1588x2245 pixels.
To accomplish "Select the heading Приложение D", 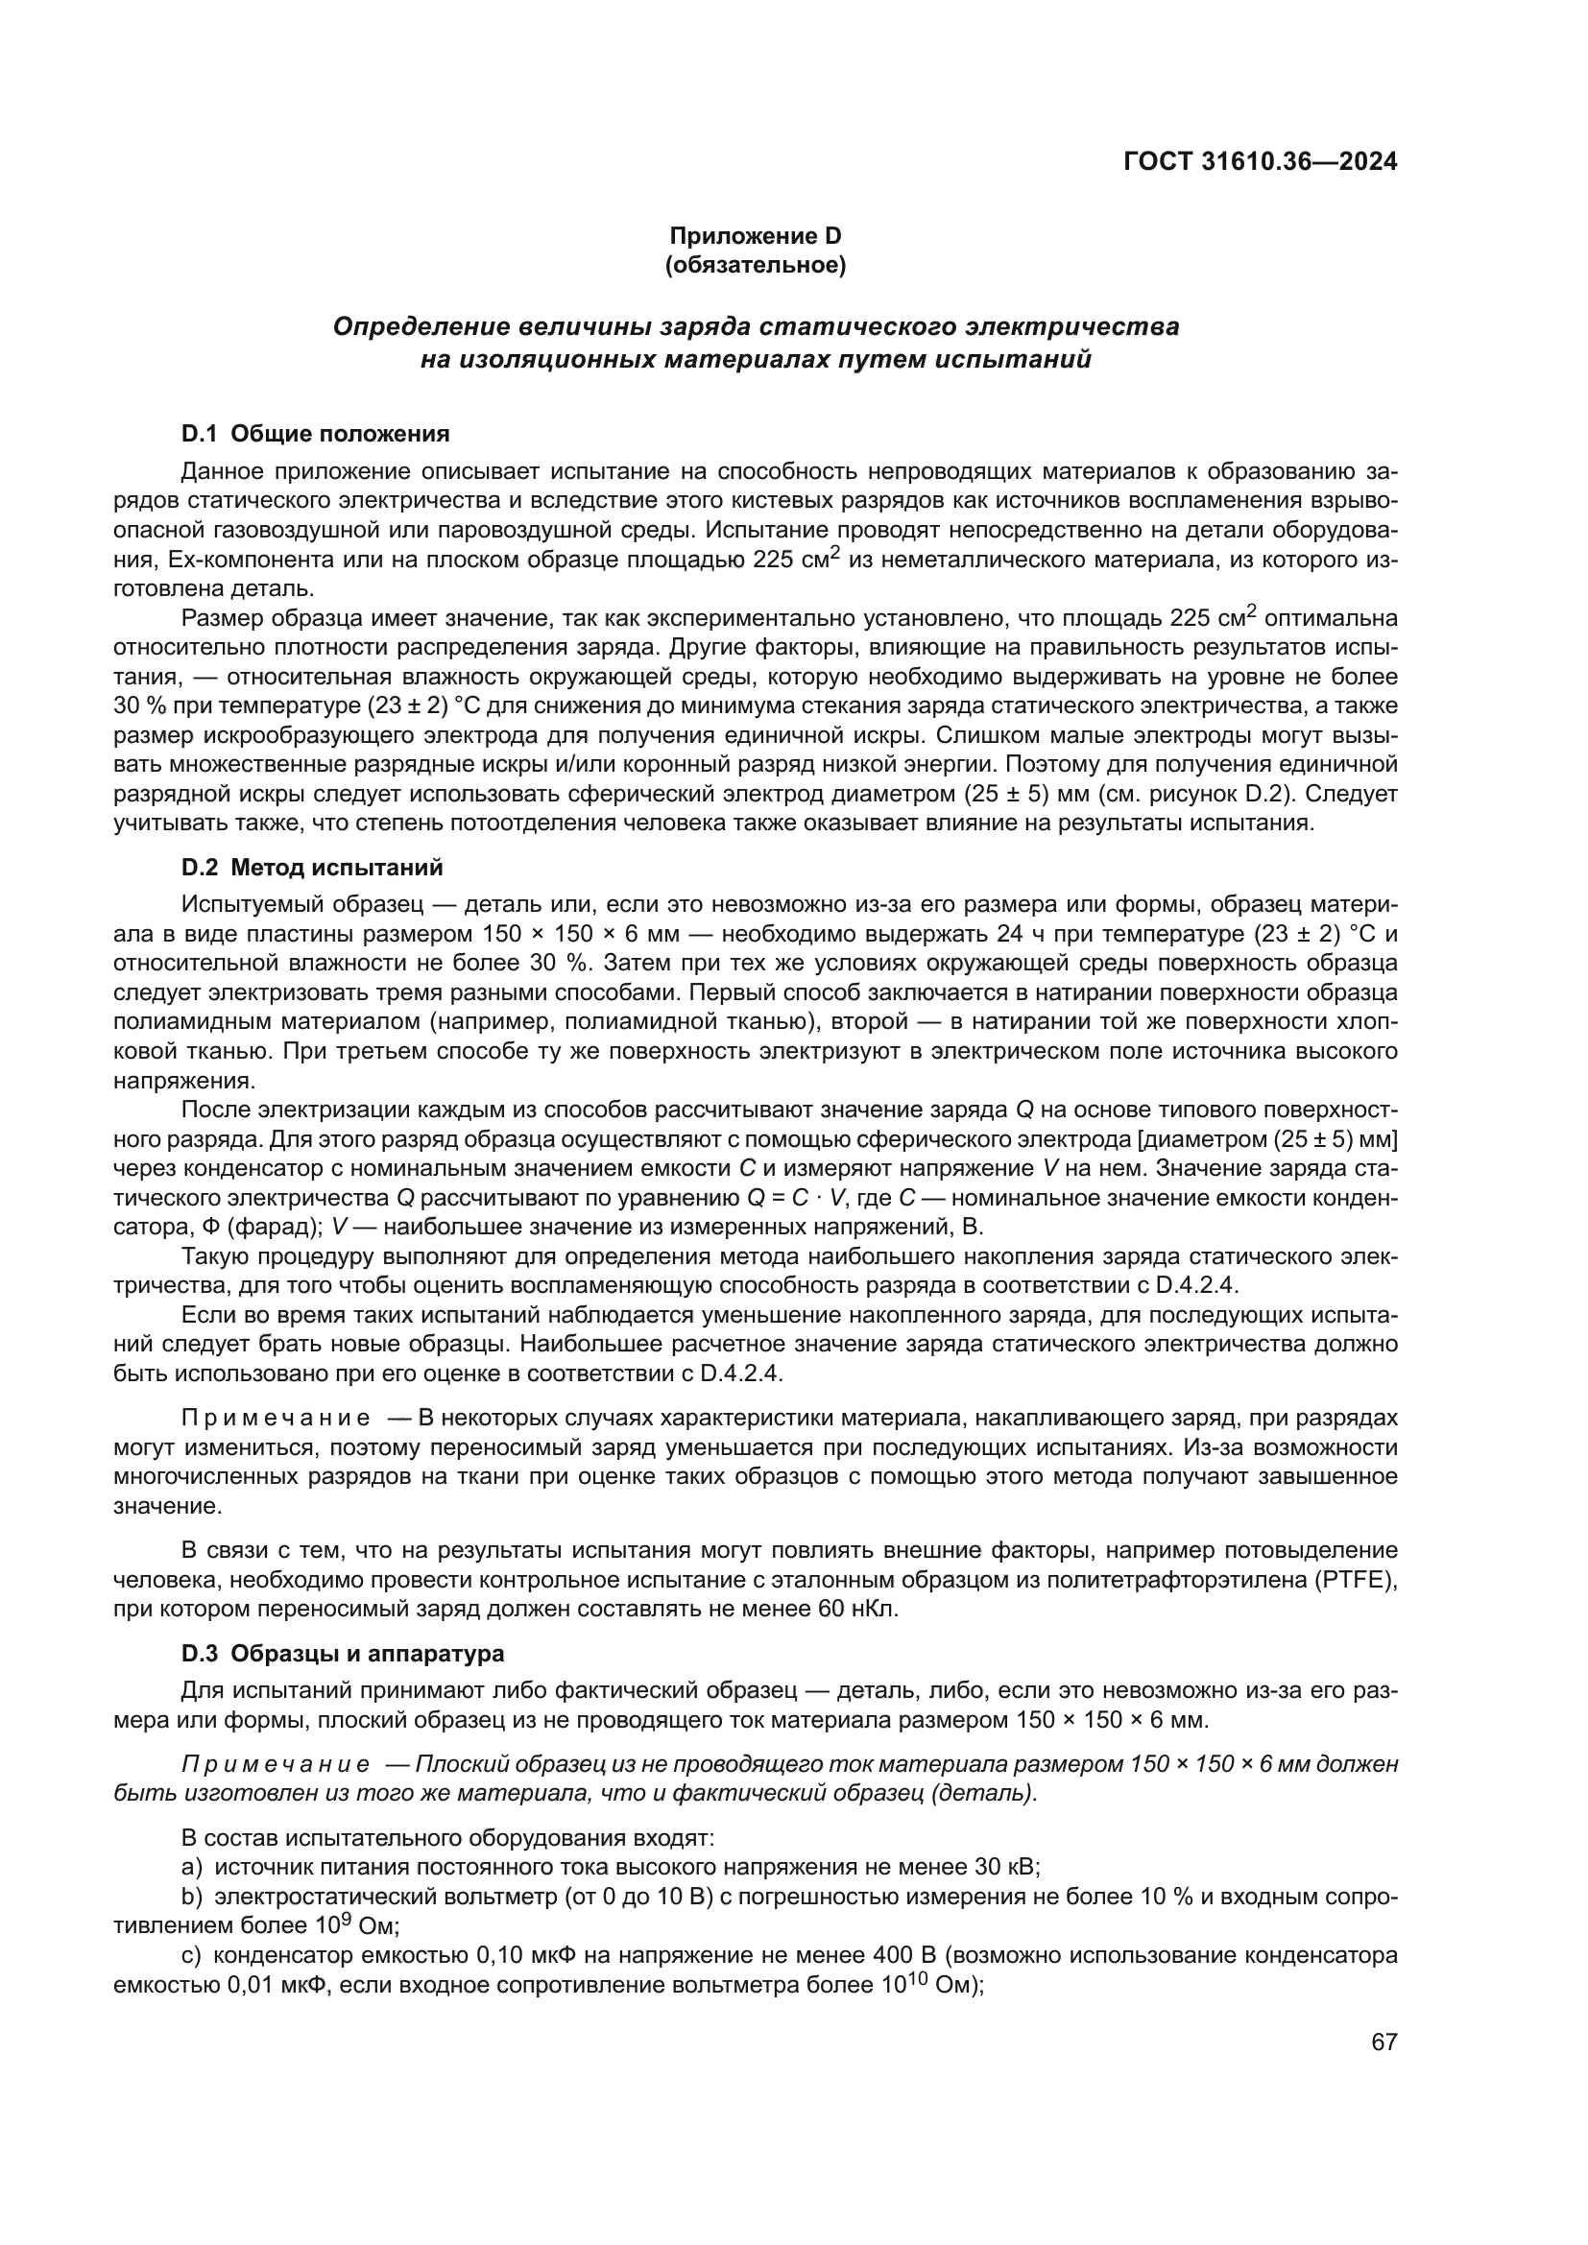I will tap(755, 236).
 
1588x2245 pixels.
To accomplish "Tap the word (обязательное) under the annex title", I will tap(755, 265).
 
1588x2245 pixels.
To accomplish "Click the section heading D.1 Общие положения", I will tap(315, 433).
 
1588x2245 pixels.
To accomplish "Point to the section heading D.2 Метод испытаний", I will tap(312, 868).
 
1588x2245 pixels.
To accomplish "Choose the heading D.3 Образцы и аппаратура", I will tap(342, 1654).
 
